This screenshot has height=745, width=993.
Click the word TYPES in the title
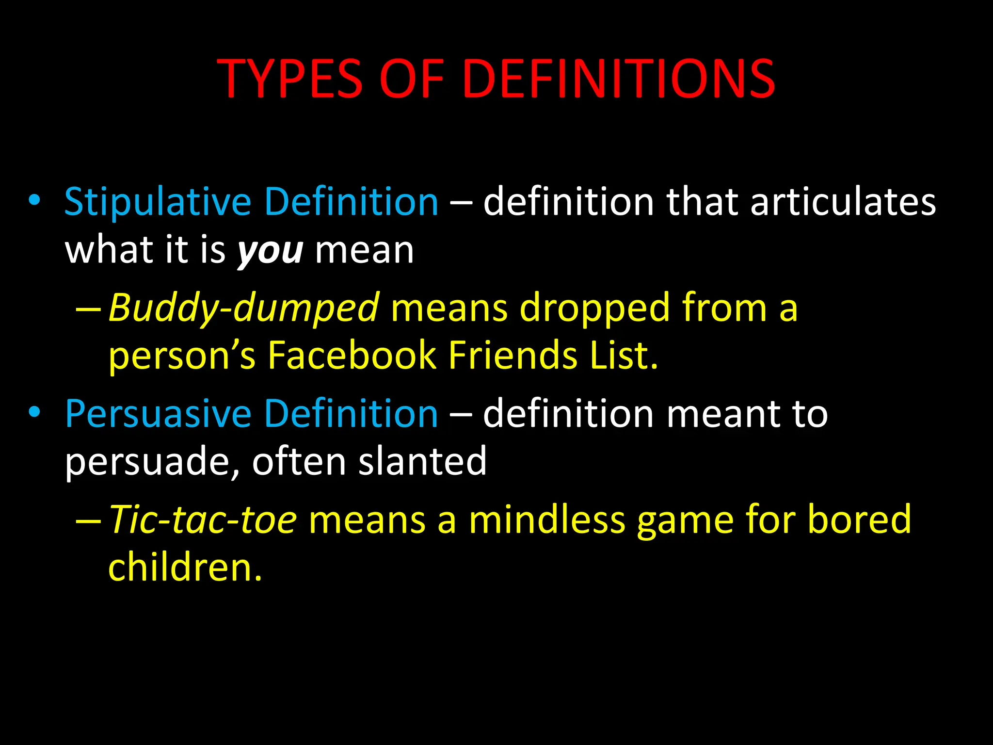click(x=289, y=79)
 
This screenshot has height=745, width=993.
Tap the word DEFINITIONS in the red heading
click(x=619, y=79)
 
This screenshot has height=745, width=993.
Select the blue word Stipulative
click(x=158, y=202)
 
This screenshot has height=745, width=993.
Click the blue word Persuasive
click(x=158, y=414)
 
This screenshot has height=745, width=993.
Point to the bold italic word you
click(x=270, y=251)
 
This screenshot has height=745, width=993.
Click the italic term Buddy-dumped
click(x=243, y=308)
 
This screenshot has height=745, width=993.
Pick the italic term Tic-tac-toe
click(x=203, y=519)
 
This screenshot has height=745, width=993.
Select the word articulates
click(x=843, y=202)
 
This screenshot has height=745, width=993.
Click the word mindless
click(x=547, y=519)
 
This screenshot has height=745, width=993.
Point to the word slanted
click(x=422, y=461)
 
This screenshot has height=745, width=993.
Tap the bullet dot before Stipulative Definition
click(x=34, y=201)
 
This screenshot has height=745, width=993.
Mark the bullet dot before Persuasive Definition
click(x=34, y=413)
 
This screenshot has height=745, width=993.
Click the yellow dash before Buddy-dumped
click(x=89, y=309)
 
